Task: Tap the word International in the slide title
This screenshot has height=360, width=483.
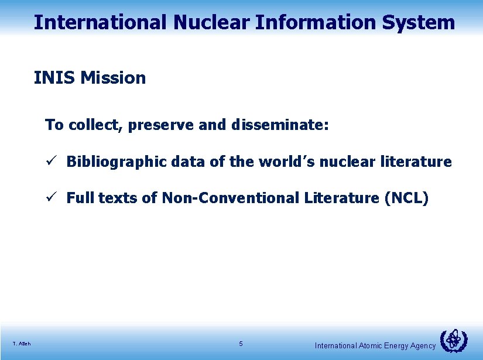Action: pyautogui.click(x=100, y=22)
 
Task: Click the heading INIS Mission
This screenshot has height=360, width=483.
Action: pyautogui.click(x=90, y=77)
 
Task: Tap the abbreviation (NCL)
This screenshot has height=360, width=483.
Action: pyautogui.click(x=406, y=198)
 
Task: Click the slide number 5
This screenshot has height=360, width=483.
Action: pyautogui.click(x=241, y=344)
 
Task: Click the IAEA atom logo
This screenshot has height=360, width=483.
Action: pyautogui.click(x=453, y=341)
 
